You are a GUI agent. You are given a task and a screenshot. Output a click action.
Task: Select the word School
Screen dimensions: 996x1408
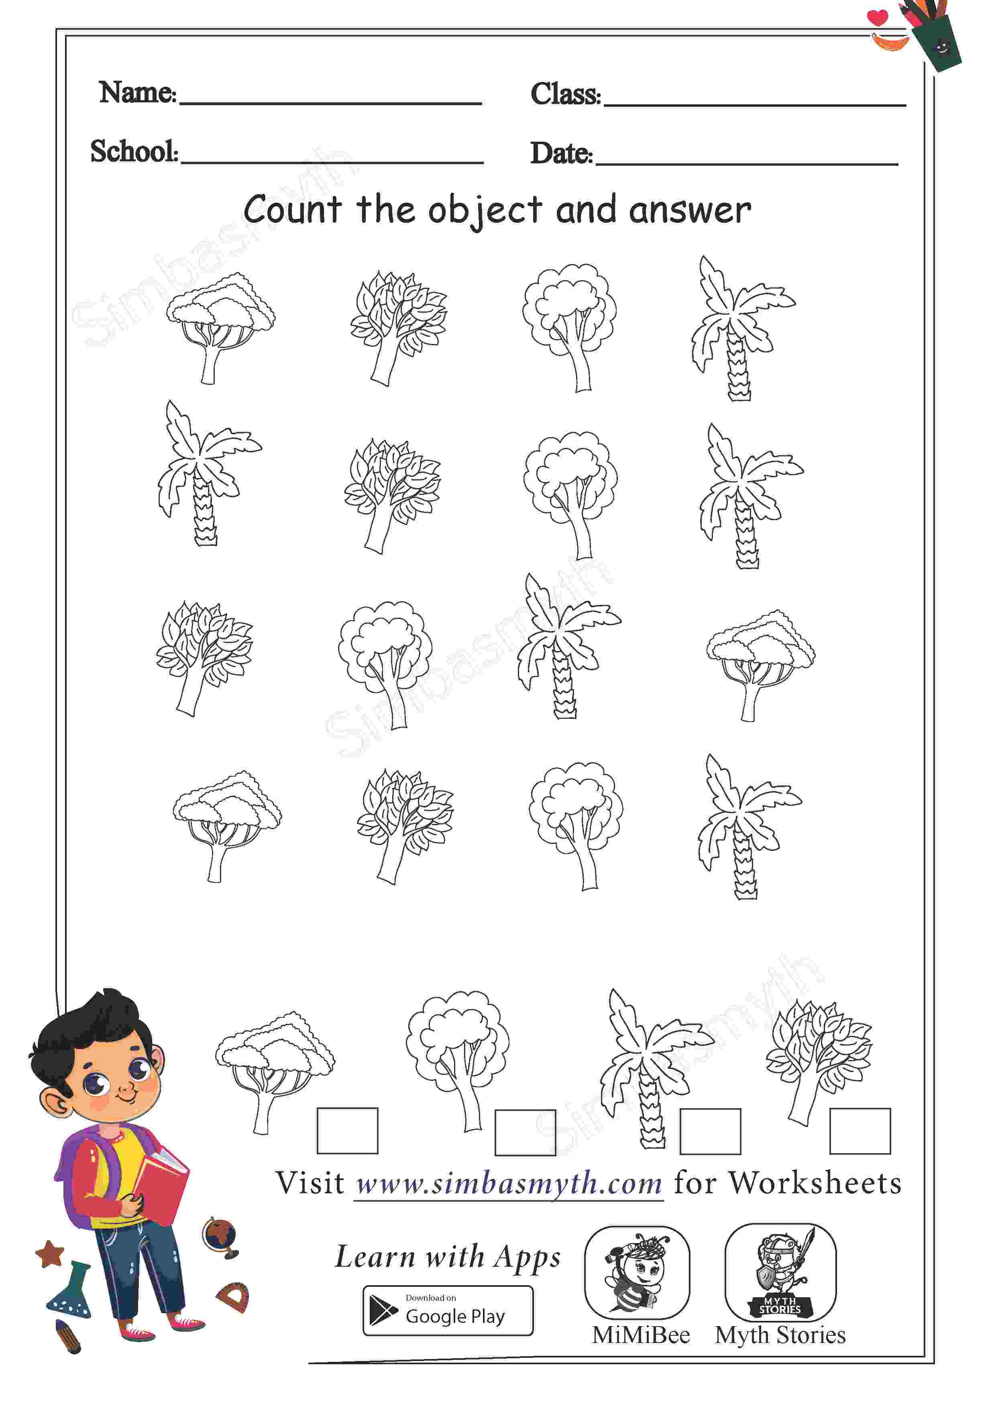click(133, 151)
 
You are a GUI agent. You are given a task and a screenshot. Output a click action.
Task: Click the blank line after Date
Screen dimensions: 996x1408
click(747, 164)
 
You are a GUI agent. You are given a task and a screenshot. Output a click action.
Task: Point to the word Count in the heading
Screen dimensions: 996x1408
click(292, 210)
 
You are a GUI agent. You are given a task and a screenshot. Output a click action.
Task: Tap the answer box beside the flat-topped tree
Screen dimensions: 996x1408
click(347, 1130)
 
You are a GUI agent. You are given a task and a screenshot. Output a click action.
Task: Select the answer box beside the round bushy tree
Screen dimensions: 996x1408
click(525, 1132)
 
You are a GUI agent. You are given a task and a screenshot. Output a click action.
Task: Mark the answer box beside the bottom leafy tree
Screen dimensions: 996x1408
click(860, 1131)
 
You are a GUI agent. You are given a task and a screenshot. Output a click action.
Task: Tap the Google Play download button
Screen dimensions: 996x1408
click(448, 1310)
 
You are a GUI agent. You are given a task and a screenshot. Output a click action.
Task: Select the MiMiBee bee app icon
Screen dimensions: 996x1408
click(637, 1272)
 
